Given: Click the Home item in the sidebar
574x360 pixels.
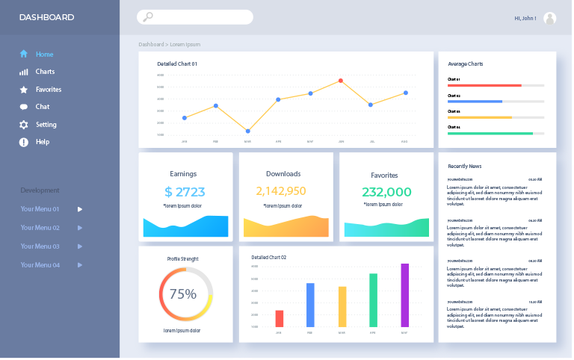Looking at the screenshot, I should tap(44, 54).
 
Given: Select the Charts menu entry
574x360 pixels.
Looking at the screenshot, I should tap(45, 72).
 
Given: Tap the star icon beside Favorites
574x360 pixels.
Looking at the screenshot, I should tap(24, 90).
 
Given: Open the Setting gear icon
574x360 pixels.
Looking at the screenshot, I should tap(24, 125).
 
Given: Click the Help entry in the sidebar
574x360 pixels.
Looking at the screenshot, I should tap(42, 142).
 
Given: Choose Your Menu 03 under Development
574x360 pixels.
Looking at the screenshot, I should tap(40, 246).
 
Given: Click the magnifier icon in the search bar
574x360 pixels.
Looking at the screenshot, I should tap(148, 17).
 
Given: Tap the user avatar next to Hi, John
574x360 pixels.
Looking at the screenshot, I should tap(550, 18).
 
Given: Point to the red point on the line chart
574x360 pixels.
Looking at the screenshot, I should tap(341, 81).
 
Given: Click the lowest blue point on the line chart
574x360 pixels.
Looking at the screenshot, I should tap(247, 131).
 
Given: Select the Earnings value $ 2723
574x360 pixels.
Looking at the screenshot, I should tap(185, 192).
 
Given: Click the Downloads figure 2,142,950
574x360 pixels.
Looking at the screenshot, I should tap(281, 191).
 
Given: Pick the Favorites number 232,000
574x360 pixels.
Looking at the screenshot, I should tap(386, 192).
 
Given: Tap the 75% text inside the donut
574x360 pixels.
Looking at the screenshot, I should tap(183, 294).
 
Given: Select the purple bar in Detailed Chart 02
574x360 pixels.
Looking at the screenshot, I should tap(405, 295).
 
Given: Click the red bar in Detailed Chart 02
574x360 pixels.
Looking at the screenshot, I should tap(280, 318).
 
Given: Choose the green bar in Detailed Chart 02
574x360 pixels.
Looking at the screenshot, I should tap(373, 300).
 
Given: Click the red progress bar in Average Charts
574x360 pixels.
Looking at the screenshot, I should tap(484, 85).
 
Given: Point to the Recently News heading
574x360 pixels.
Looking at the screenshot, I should tap(464, 166).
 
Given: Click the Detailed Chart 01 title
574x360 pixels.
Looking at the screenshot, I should tap(177, 64).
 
